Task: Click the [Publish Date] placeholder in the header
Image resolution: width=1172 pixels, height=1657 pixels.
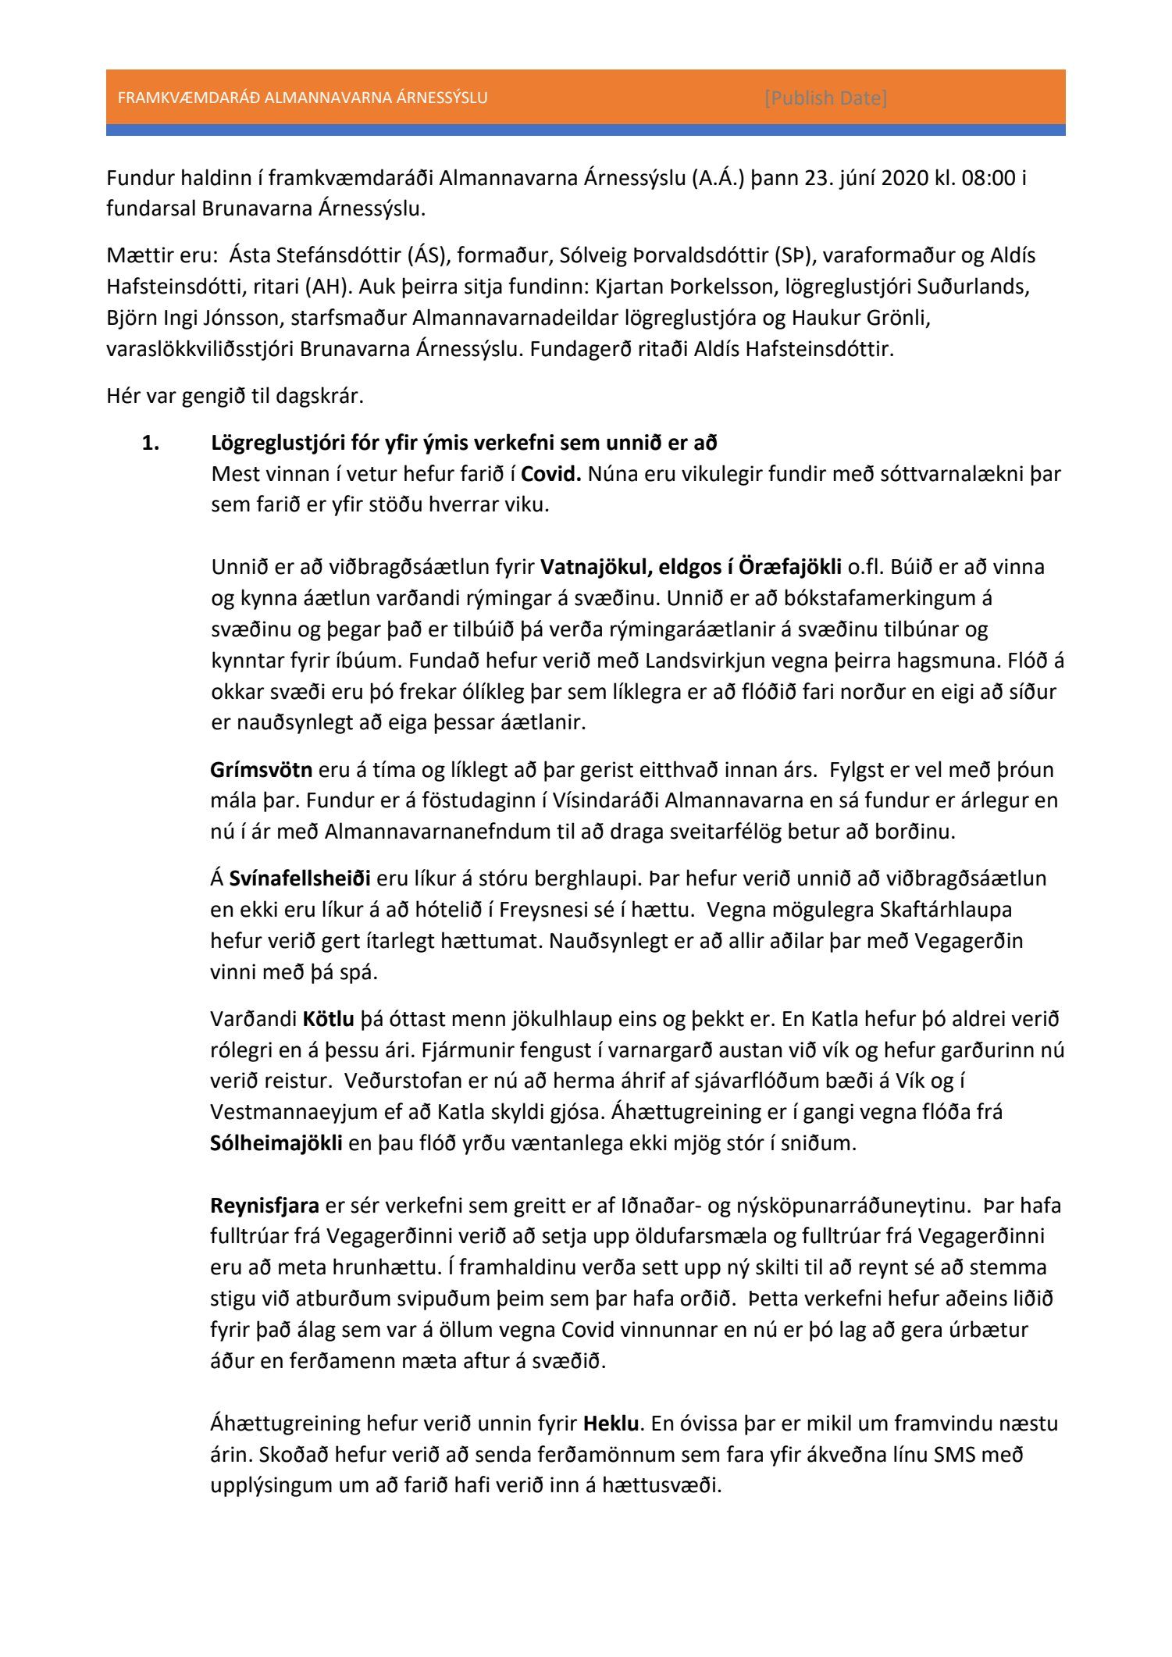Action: pos(825,98)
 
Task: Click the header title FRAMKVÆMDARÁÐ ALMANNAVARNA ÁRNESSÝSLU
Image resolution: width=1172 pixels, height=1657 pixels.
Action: pos(302,98)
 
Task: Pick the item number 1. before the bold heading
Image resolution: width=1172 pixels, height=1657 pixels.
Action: pos(150,444)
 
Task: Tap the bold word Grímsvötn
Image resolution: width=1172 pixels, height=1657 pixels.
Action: pos(261,770)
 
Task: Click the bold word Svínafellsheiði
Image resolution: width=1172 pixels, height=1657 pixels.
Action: pos(300,878)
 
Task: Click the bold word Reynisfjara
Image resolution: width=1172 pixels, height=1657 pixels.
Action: pos(265,1206)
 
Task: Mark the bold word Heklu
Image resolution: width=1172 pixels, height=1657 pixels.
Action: pos(611,1424)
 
